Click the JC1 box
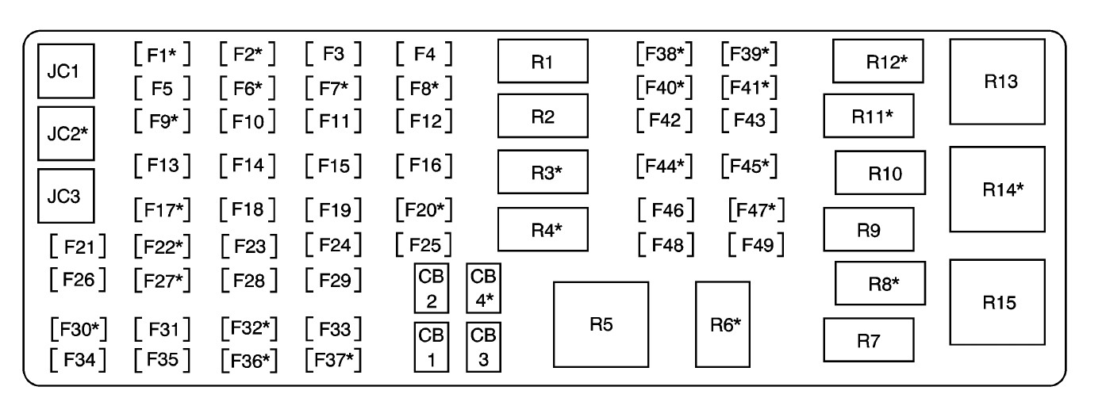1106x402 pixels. click(67, 71)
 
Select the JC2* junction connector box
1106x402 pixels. click(67, 132)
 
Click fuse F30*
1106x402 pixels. click(78, 327)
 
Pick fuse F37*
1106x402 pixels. click(333, 360)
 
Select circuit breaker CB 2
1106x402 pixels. click(430, 289)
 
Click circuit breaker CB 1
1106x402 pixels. click(430, 347)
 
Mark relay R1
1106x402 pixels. click(543, 61)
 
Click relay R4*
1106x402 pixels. click(543, 230)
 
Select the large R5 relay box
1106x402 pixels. click(600, 324)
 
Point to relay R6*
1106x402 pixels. click(722, 324)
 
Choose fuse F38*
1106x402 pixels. click(665, 55)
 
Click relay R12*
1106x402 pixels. click(878, 61)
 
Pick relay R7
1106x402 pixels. click(868, 340)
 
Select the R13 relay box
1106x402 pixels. click(996, 82)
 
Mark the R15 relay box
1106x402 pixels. click(996, 302)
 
